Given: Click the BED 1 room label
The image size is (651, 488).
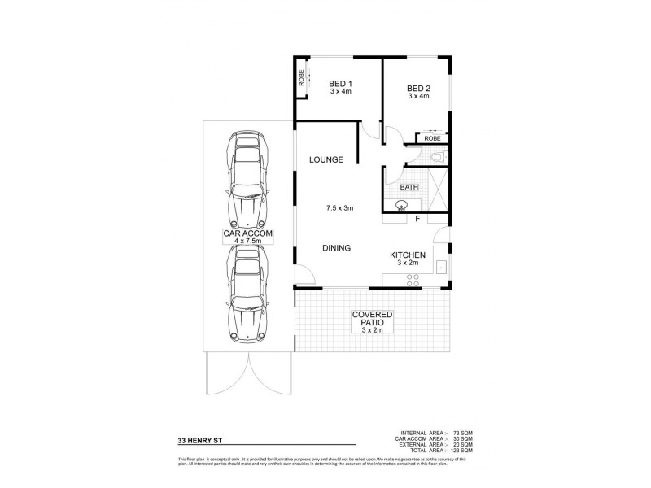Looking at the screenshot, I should (339, 85).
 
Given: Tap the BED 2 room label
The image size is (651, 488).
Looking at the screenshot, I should (417, 88).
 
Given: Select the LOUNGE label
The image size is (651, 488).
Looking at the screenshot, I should (325, 159).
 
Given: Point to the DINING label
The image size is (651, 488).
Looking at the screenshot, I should (336, 248).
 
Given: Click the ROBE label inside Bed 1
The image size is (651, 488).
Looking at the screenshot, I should (301, 79).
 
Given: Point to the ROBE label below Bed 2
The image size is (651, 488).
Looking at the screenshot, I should (431, 139).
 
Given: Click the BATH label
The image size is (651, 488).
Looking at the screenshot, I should (409, 187).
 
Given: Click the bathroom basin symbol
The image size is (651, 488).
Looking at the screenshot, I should (400, 204).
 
